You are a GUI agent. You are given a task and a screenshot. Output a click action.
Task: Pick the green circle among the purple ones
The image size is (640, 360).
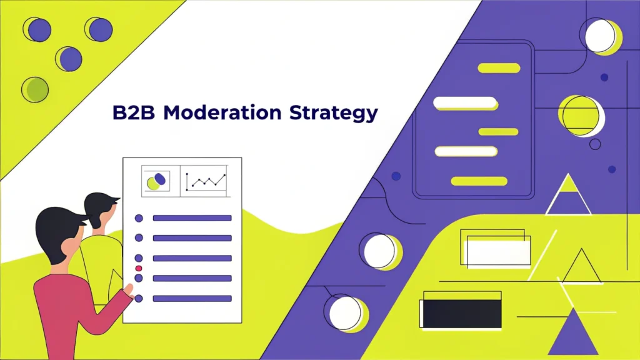click(36, 89)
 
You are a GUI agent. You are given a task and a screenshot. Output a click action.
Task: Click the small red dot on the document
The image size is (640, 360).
click(139, 267)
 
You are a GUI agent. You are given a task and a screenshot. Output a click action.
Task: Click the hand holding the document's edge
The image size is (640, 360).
click(129, 289)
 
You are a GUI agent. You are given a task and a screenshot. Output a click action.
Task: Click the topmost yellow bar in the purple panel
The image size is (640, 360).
click(498, 68)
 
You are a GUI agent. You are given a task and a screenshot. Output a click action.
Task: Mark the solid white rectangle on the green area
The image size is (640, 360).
click(498, 253)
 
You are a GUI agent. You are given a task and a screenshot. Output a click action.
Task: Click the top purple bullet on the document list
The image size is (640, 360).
click(139, 218)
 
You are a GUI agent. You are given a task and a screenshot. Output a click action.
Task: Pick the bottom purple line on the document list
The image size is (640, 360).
click(192, 299)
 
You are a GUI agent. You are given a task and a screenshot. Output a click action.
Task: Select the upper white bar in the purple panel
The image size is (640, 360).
click(465, 102)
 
